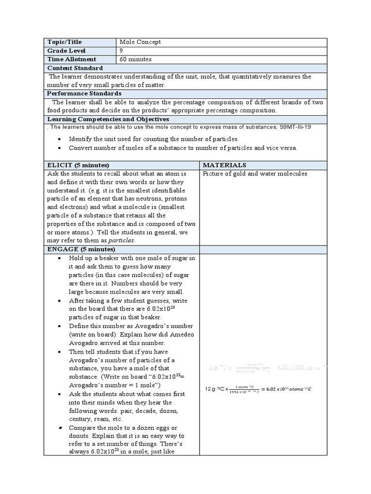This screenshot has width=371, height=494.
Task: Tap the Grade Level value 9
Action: [121, 51]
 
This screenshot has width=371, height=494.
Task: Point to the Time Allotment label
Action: [71, 59]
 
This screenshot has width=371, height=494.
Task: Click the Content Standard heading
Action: [75, 68]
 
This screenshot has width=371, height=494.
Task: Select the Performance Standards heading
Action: [84, 93]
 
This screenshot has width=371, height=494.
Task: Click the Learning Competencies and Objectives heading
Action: [108, 119]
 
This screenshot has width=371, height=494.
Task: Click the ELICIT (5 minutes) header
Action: [78, 165]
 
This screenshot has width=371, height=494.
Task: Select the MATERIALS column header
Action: [224, 165]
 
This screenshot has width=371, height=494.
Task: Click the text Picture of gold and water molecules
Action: [255, 174]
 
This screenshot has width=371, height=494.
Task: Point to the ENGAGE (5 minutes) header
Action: [81, 249]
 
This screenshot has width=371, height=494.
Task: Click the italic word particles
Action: [121, 240]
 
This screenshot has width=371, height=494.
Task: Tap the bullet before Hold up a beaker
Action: [59, 258]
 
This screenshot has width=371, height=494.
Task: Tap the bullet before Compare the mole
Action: [59, 427]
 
